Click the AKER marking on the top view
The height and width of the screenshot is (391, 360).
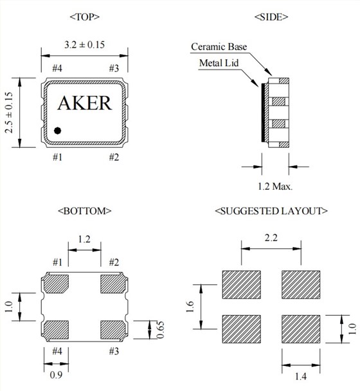tap(85, 103)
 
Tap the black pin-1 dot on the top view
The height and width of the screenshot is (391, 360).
tap(58, 131)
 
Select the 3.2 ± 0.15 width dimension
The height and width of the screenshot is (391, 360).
tap(84, 45)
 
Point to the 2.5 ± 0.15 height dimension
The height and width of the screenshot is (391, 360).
tap(9, 113)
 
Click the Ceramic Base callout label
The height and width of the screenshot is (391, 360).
tap(219, 47)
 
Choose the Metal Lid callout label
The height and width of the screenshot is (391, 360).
tap(219, 63)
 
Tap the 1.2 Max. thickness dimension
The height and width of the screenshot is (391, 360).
tap(275, 186)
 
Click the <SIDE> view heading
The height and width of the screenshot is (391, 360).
tap(271, 17)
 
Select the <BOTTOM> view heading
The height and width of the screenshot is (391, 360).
tap(84, 211)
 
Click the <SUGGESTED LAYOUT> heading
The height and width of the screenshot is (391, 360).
tap(271, 211)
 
